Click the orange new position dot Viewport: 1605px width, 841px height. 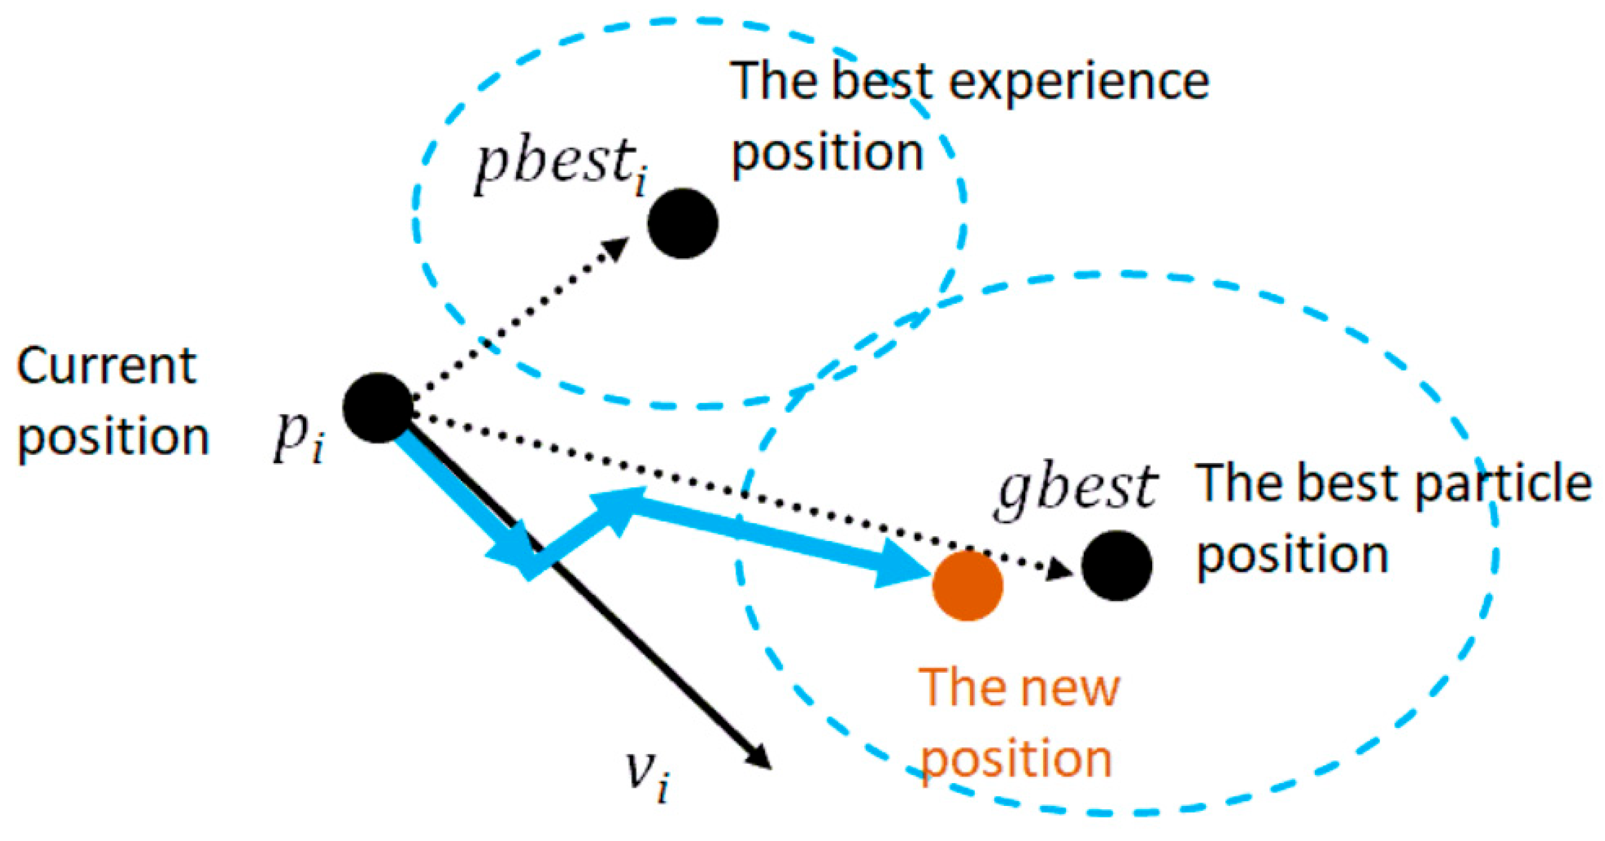(x=967, y=586)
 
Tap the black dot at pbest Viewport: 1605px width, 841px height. (x=683, y=224)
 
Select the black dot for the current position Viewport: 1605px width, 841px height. (x=377, y=408)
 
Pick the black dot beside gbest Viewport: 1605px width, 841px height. (x=1116, y=565)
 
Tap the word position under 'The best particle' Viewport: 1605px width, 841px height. (x=1292, y=556)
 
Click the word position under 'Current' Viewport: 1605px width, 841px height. (x=113, y=438)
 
